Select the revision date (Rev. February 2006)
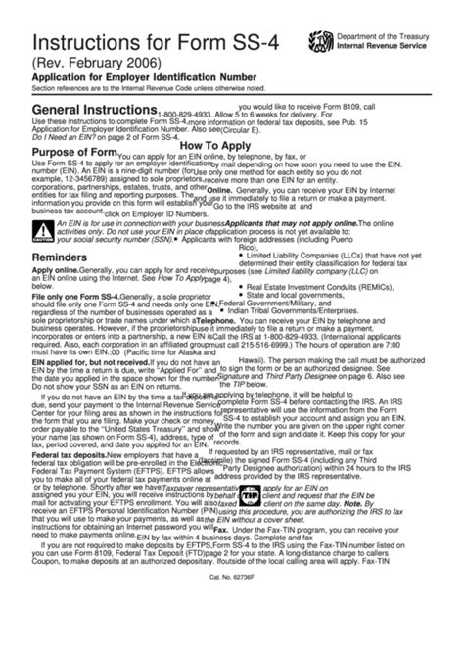coord(96,70)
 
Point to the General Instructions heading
coord(86,115)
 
